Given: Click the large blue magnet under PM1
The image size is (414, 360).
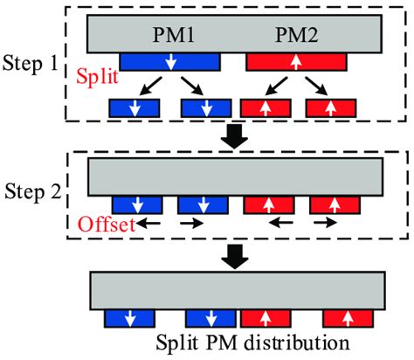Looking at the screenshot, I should point(169,61).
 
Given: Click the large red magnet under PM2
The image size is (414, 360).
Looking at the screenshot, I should point(295,61).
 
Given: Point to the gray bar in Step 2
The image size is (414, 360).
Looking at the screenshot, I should point(234,177).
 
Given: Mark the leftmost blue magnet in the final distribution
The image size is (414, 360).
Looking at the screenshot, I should point(128,316).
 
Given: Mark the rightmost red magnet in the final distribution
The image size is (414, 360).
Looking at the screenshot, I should point(349,316).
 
